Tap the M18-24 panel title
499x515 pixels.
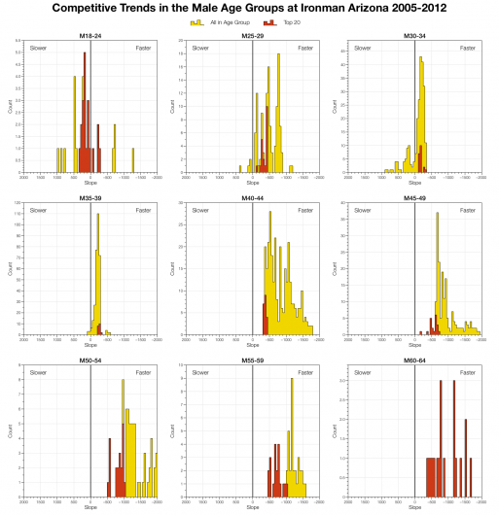[89, 35]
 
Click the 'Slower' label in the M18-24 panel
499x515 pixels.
[38, 47]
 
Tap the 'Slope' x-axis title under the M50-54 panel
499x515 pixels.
[90, 506]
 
